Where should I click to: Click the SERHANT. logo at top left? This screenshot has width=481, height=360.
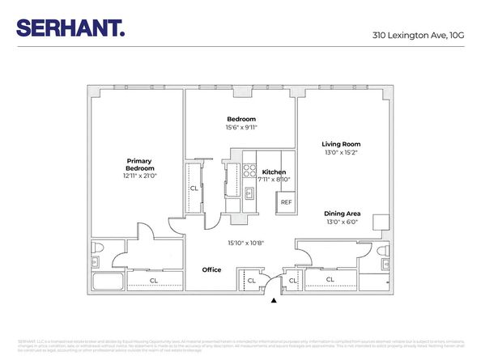click(70, 29)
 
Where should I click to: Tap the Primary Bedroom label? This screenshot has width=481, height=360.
click(139, 164)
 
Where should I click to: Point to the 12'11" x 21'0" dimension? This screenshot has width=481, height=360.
click(139, 176)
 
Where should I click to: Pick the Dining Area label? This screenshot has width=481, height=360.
click(342, 214)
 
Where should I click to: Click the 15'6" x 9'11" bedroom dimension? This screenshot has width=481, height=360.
click(240, 127)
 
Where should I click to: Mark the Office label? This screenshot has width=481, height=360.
click(211, 270)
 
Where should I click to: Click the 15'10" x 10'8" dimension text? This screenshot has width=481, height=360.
click(245, 243)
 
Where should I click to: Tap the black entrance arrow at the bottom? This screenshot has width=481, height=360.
click(274, 300)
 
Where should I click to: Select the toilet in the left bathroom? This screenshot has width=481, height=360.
click(96, 247)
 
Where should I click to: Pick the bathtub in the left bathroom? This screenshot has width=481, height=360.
click(106, 282)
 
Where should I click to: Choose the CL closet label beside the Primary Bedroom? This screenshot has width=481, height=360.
click(194, 188)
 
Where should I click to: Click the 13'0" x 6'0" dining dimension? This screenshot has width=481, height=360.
click(342, 222)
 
